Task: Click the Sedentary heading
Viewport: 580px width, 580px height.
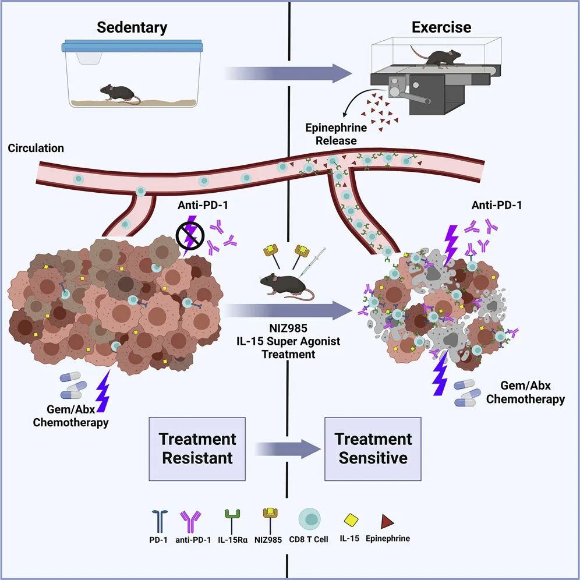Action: pos(132,27)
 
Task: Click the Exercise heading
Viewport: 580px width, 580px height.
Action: pos(441,27)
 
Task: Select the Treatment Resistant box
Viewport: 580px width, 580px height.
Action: pos(197,448)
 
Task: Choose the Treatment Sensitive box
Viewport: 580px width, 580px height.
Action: pos(373,448)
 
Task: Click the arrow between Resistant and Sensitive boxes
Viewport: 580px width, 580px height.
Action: pos(289,448)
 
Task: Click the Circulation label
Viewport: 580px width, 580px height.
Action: pos(36,148)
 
